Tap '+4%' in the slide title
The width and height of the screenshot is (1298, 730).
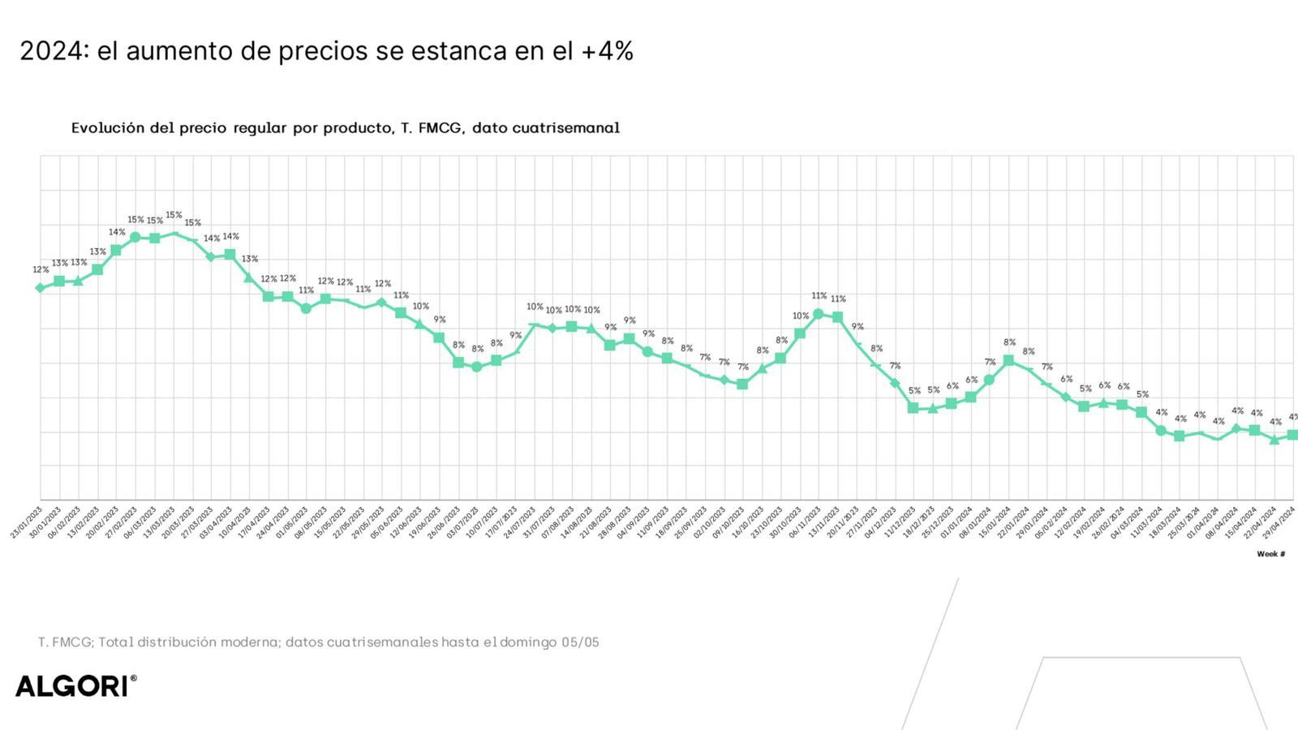point(607,51)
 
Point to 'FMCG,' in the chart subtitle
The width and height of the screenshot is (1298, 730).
point(441,128)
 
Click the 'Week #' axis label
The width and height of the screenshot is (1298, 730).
point(1270,554)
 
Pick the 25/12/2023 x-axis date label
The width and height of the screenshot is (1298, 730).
point(939,521)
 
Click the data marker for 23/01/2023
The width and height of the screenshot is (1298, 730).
point(40,288)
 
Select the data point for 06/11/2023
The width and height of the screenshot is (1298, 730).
point(818,314)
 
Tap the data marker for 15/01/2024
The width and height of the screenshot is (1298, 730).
point(1008,360)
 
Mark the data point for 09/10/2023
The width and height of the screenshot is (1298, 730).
point(742,384)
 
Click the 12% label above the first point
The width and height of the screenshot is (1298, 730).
point(41,269)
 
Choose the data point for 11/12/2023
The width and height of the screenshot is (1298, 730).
point(913,408)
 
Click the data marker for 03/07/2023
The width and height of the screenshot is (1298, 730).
point(477,367)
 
